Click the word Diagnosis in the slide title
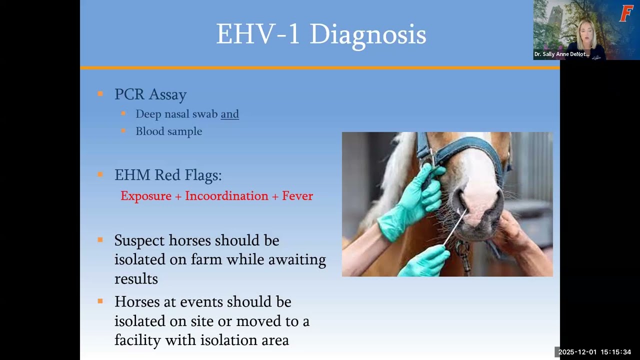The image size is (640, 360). pyautogui.click(x=367, y=35)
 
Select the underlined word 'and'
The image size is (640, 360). pyautogui.click(x=229, y=114)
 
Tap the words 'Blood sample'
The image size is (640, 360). pyautogui.click(x=168, y=131)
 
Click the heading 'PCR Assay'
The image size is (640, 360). pyautogui.click(x=150, y=94)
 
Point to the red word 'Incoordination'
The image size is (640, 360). pyautogui.click(x=226, y=196)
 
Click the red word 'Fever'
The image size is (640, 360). pyautogui.click(x=297, y=196)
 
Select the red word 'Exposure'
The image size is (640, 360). pyautogui.click(x=146, y=196)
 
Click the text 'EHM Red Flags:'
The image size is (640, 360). pyautogui.click(x=167, y=175)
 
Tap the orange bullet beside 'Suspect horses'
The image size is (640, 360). pyautogui.click(x=100, y=240)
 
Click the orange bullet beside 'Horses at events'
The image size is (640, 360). pyautogui.click(x=100, y=301)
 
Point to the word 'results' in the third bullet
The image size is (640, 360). pyautogui.click(x=136, y=278)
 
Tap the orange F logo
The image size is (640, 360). pyautogui.click(x=626, y=13)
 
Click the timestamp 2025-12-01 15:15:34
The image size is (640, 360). pyautogui.click(x=594, y=352)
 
